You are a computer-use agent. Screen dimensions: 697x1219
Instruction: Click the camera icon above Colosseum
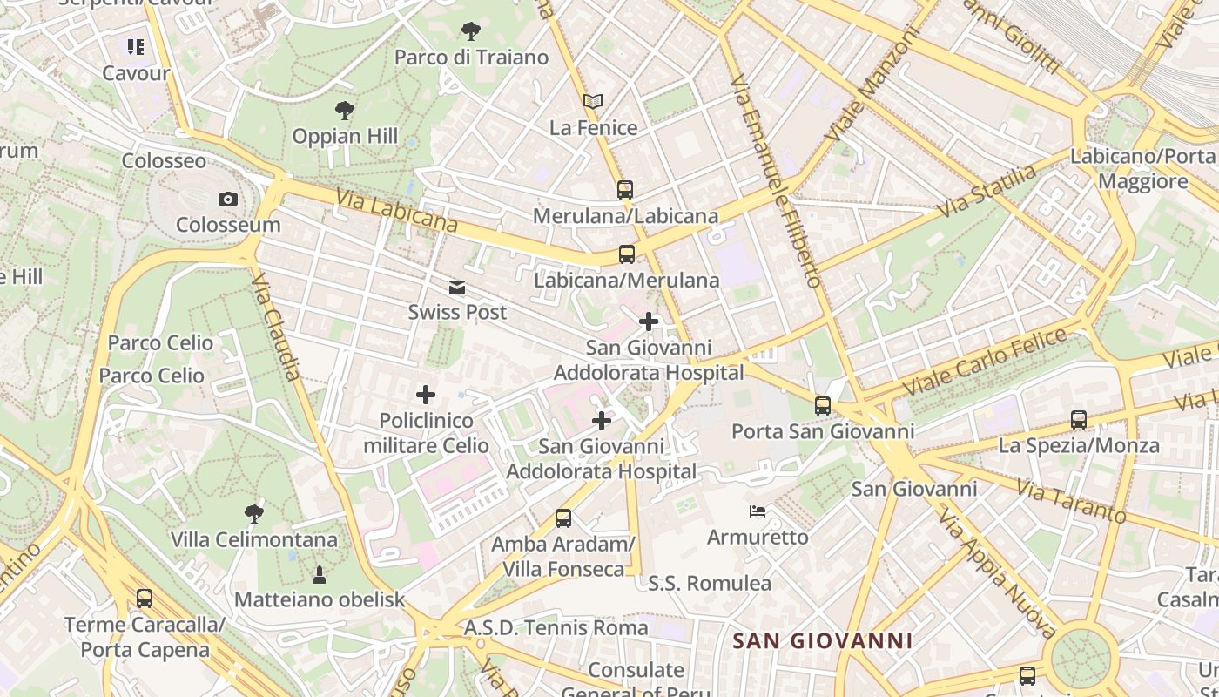pos(228,200)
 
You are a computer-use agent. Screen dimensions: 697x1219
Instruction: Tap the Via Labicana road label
pos(397,212)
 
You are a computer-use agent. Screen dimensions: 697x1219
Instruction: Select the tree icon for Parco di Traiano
pos(470,32)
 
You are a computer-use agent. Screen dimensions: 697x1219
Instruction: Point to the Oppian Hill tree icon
pos(345,111)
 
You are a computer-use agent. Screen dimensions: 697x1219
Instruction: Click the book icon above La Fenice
pos(593,102)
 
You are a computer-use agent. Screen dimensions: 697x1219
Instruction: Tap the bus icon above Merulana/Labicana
pos(625,189)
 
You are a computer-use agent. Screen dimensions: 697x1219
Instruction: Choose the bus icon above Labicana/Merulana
pos(627,254)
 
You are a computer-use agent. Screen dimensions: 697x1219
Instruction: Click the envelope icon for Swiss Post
pos(457,288)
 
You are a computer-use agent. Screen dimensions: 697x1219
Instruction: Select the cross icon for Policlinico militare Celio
pos(426,396)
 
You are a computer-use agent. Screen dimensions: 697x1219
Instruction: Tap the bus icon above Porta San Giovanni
pos(823,405)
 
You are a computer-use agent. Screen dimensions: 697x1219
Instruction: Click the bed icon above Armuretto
pos(758,511)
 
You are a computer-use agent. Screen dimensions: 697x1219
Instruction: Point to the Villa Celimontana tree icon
pos(254,514)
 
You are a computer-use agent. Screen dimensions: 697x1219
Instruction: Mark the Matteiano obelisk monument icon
pos(320,574)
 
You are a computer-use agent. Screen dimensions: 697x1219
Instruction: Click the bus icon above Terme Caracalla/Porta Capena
pos(145,599)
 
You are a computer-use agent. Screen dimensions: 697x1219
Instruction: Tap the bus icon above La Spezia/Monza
pos(1079,420)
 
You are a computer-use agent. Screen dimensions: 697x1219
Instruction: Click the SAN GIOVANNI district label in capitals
pos(823,642)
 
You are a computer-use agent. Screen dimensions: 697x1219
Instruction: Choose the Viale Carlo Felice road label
pos(985,361)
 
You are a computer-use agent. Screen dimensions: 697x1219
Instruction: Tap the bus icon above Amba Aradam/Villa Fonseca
pos(563,518)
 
